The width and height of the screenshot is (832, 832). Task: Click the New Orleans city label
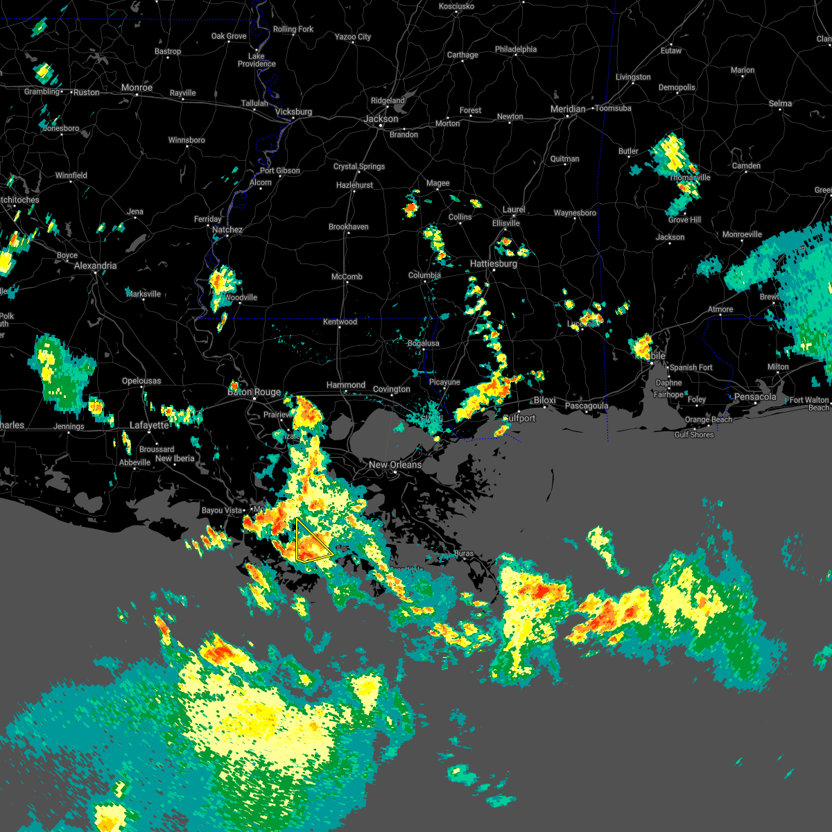(x=395, y=465)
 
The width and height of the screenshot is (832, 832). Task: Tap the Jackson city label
(x=381, y=119)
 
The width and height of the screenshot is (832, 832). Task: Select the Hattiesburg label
(x=493, y=263)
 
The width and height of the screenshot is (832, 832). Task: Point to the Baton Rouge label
(x=254, y=392)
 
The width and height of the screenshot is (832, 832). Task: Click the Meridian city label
(x=568, y=109)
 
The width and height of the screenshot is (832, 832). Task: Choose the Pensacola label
(x=755, y=397)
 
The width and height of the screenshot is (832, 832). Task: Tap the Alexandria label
(x=95, y=266)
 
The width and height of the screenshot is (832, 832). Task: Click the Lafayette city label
(x=149, y=425)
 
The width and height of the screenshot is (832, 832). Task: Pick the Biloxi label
(x=545, y=401)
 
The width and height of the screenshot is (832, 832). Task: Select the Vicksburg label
(x=293, y=112)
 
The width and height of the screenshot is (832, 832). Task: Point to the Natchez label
(x=227, y=229)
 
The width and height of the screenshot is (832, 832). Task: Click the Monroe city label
(x=137, y=87)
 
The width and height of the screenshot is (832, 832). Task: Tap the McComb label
(x=347, y=277)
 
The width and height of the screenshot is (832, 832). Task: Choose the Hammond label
(x=345, y=385)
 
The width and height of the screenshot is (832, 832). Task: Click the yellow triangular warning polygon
(x=310, y=543)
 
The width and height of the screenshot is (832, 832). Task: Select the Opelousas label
(x=141, y=381)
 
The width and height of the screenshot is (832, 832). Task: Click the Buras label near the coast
(x=464, y=553)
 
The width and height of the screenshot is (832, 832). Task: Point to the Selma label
(x=780, y=103)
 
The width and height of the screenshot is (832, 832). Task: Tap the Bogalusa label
(x=423, y=343)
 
